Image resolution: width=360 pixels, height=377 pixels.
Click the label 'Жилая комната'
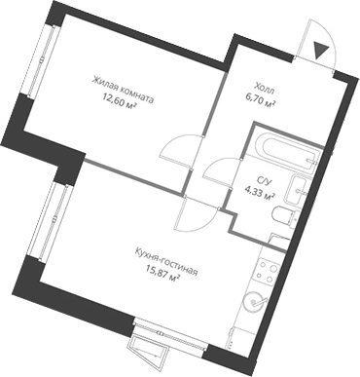tap(125, 83)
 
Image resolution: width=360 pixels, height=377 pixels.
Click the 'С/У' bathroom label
tap(264, 180)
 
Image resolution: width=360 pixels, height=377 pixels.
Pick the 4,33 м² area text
tap(262, 194)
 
